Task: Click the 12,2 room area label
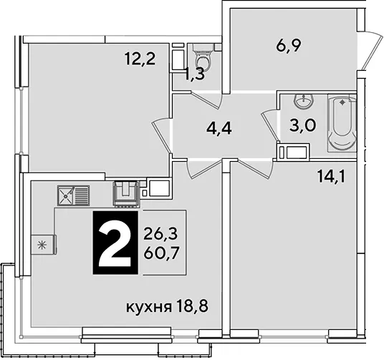[x=140, y=59]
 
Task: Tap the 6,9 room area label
[x=288, y=45]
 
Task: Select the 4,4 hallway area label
[x=219, y=129]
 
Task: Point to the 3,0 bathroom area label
[x=303, y=125]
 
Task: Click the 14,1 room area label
[x=331, y=177]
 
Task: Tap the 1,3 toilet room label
[x=195, y=74]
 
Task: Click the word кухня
[x=148, y=307]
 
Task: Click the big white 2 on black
[x=115, y=243]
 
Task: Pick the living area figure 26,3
[x=160, y=234]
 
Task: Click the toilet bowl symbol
[x=203, y=56]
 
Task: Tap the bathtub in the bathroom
[x=342, y=124]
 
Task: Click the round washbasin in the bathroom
[x=304, y=101]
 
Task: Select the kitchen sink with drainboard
[x=74, y=195]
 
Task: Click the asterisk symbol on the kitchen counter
[x=42, y=245]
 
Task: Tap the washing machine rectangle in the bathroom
[x=293, y=152]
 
